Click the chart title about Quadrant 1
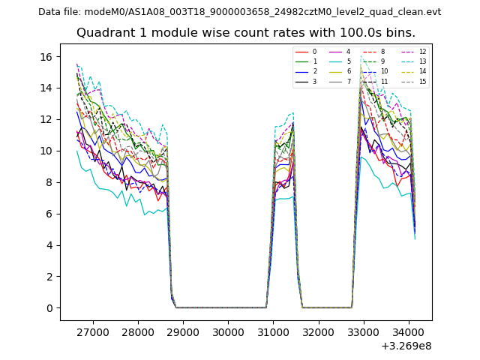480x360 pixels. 245,33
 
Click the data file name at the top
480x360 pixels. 239,12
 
